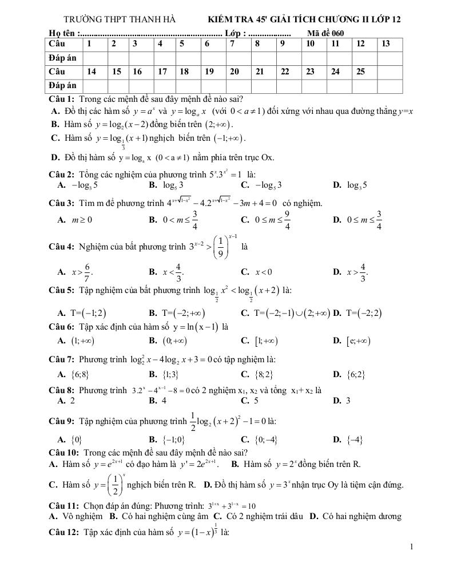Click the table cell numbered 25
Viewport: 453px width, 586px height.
[x=361, y=72]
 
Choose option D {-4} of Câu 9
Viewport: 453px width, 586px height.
[x=353, y=439]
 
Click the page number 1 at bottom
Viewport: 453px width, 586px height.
[x=411, y=547]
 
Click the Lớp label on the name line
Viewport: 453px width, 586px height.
[x=235, y=33]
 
